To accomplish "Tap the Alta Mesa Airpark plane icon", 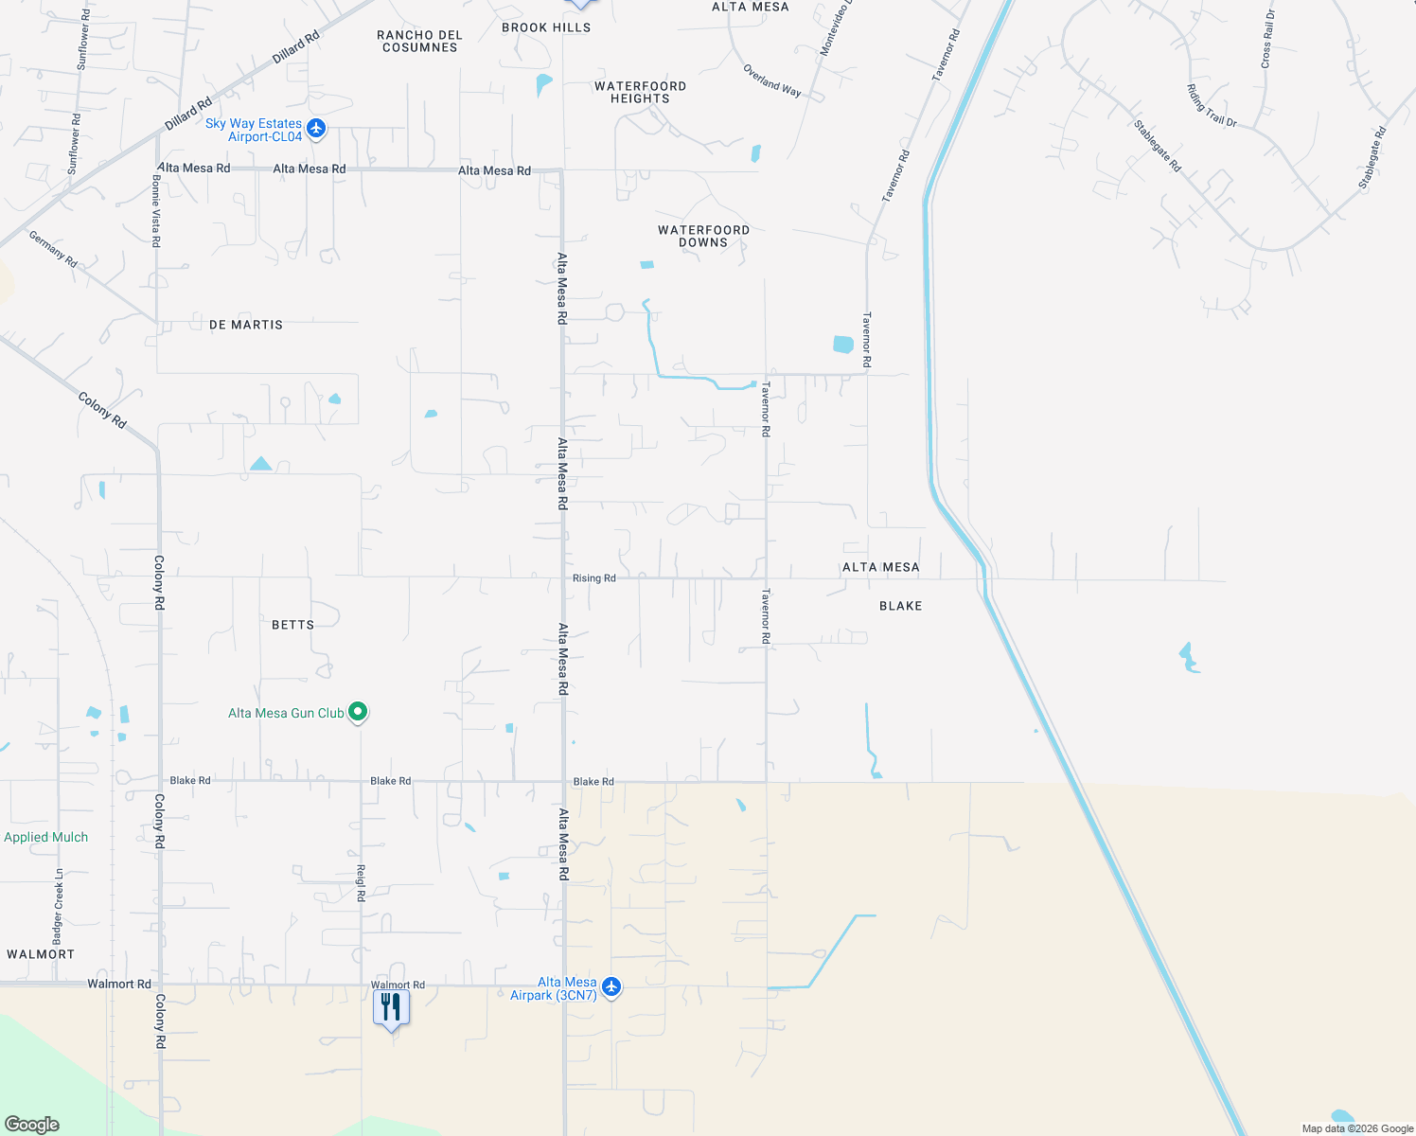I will pyautogui.click(x=611, y=987).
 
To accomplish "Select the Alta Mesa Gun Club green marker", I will pyautogui.click(x=358, y=711).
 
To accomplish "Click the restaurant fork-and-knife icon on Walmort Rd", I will pyautogui.click(x=391, y=1008).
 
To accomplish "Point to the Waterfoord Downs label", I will pyautogui.click(x=703, y=237).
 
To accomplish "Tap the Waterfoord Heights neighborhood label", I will pyautogui.click(x=640, y=93).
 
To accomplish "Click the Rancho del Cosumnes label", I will pyautogui.click(x=419, y=42).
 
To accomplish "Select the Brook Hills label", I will pyautogui.click(x=546, y=27).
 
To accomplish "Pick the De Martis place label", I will pyautogui.click(x=246, y=325).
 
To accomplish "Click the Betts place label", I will pyautogui.click(x=292, y=625).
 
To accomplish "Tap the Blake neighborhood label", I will pyautogui.click(x=900, y=606).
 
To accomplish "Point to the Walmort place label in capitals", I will pyautogui.click(x=41, y=954).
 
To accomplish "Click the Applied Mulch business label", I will pyautogui.click(x=45, y=838).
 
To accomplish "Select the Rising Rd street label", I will pyautogui.click(x=593, y=578).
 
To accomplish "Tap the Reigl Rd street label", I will pyautogui.click(x=361, y=882).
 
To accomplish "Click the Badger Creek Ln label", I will pyautogui.click(x=59, y=906).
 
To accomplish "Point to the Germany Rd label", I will pyautogui.click(x=53, y=249).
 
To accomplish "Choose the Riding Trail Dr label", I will pyautogui.click(x=1212, y=106).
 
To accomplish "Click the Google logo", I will pyautogui.click(x=32, y=1125).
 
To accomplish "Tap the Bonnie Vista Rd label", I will pyautogui.click(x=156, y=211).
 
